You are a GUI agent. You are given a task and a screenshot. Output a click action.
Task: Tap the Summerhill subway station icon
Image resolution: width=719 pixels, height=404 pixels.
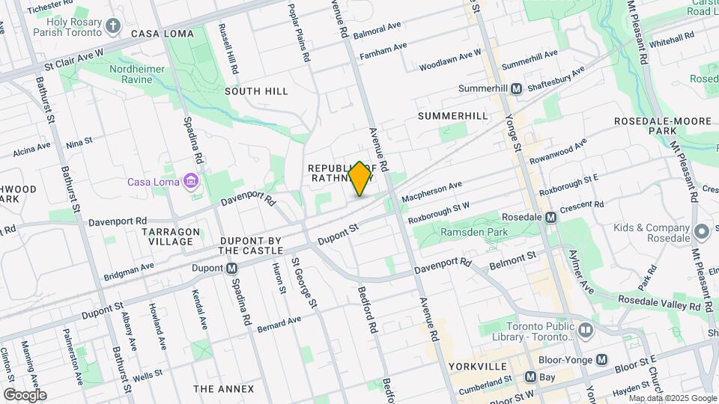pyautogui.click(x=517, y=89)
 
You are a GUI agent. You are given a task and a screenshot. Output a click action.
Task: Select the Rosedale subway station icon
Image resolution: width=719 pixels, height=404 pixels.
pyautogui.click(x=550, y=217)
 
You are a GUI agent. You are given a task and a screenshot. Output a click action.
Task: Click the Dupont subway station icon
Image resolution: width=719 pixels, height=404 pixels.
pyautogui.click(x=232, y=268)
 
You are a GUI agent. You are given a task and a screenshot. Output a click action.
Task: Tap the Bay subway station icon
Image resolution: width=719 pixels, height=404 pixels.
pyautogui.click(x=530, y=377)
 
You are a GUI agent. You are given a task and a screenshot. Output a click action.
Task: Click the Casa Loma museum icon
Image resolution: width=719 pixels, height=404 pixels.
pyautogui.click(x=191, y=181)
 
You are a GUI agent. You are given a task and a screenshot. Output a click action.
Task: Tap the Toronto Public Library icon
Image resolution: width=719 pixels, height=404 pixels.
pyautogui.click(x=585, y=328)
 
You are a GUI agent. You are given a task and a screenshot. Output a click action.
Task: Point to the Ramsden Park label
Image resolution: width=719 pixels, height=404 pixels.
pyautogui.click(x=475, y=233)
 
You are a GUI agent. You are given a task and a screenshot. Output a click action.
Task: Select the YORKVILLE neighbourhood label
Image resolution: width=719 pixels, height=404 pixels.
pyautogui.click(x=479, y=367)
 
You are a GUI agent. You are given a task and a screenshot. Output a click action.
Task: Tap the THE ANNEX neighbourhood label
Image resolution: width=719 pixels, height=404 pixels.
pyautogui.click(x=223, y=388)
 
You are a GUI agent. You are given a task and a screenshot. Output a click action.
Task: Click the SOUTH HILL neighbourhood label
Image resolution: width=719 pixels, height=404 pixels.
pyautogui.click(x=256, y=91)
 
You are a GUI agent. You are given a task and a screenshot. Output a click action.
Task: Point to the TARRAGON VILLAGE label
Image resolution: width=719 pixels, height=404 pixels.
pyautogui.click(x=171, y=236)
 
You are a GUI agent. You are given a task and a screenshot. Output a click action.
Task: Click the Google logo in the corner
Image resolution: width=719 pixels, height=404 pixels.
pyautogui.click(x=25, y=394)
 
